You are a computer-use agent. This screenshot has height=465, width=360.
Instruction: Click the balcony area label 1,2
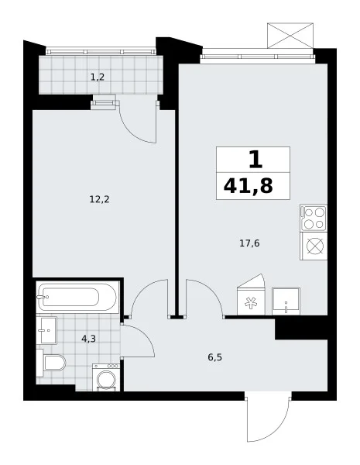[98, 77]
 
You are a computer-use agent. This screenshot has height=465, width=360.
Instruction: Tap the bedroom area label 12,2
[100, 199]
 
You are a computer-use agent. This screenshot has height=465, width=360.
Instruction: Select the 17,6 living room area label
[249, 243]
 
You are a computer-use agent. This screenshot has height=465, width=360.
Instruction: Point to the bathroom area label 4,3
[88, 339]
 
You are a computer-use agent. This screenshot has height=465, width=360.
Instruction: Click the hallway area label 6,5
[214, 357]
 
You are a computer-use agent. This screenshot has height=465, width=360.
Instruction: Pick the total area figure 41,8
[249, 187]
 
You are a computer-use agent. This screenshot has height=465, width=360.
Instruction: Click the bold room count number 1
[255, 159]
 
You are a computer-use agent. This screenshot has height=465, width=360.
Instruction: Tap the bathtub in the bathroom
[77, 297]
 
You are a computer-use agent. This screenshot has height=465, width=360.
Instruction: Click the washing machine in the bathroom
[106, 377]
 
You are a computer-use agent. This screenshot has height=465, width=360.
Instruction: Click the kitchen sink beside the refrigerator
[286, 301]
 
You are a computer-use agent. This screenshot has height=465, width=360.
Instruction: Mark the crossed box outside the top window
[290, 36]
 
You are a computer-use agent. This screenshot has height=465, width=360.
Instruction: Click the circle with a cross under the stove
[314, 246]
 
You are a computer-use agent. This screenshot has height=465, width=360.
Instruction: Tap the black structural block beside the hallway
[301, 328]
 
